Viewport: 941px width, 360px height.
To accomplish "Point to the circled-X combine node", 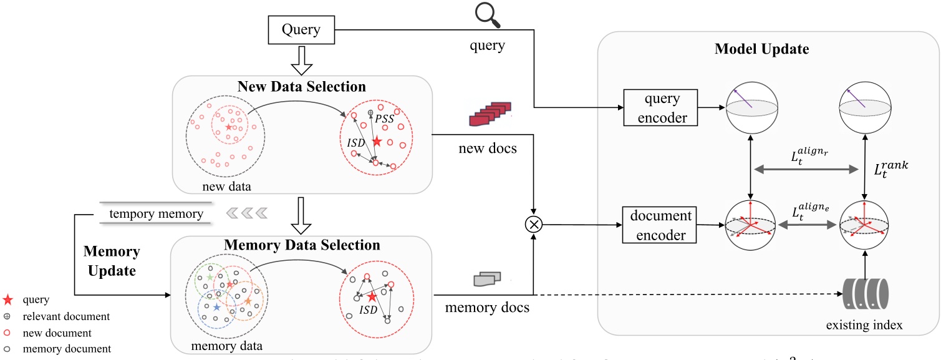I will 534,225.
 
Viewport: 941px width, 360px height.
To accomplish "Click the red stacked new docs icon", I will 489,116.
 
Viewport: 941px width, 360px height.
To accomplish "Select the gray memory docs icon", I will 487,280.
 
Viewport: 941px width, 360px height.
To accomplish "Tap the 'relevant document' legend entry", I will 56,316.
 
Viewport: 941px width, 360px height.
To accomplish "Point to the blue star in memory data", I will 216,308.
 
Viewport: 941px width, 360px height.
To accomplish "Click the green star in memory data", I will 210,276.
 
